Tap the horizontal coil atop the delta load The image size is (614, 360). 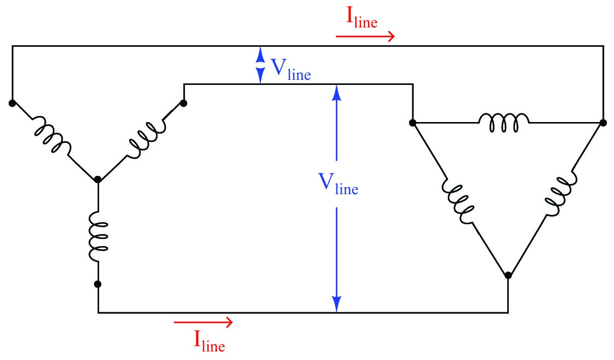pyautogui.click(x=504, y=123)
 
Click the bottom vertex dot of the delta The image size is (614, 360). pyautogui.click(x=508, y=276)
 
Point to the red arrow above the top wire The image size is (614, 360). pyautogui.click(x=365, y=37)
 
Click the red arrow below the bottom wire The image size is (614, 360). pyautogui.click(x=203, y=322)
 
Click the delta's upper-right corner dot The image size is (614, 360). pyautogui.click(x=603, y=123)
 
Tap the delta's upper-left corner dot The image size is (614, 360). pyautogui.click(x=412, y=123)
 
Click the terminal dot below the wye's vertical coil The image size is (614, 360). pyautogui.click(x=98, y=284)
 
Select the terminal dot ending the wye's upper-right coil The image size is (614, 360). pyautogui.click(x=183, y=103)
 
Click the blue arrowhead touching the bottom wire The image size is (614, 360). pyautogui.click(x=336, y=305)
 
